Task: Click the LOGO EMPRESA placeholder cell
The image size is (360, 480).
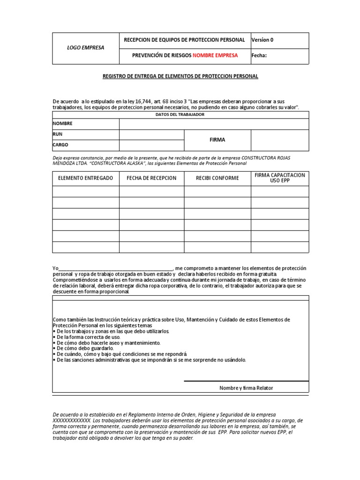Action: [85, 48]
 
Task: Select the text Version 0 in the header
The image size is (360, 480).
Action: [262, 40]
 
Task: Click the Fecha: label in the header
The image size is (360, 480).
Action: [259, 55]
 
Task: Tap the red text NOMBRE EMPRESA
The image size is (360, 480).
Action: [215, 55]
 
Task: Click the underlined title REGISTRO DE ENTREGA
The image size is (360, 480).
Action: [180, 76]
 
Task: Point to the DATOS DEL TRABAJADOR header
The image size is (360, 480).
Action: [180, 115]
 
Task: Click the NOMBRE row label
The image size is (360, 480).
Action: [63, 124]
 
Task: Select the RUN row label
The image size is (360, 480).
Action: [58, 135]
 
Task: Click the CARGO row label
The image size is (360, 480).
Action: [61, 145]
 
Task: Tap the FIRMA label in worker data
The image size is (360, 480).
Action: [217, 140]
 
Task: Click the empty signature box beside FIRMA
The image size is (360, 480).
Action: [280, 140]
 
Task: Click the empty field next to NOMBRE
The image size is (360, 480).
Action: [214, 124]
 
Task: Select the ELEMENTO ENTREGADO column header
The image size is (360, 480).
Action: [85, 178]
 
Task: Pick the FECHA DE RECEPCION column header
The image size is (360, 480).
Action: [151, 178]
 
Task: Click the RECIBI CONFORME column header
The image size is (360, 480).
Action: [217, 178]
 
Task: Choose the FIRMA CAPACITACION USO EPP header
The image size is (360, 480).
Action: [280, 178]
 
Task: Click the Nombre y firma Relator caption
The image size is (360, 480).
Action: [246, 388]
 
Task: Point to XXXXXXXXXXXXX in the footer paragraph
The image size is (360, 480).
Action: [71, 420]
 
